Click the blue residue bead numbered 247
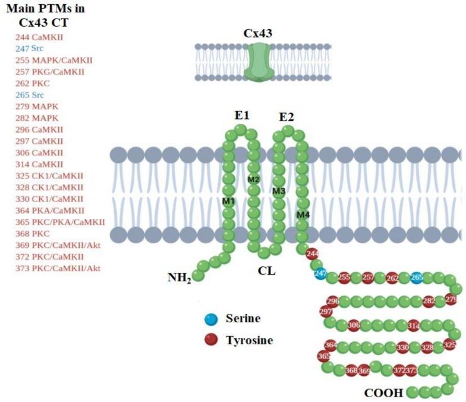[x=322, y=274]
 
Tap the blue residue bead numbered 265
[x=417, y=278]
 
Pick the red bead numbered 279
[x=451, y=300]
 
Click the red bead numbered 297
[x=326, y=312]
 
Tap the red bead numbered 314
[x=414, y=326]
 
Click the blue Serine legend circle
[x=210, y=319]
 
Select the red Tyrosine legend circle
[x=210, y=340]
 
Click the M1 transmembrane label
[x=229, y=202]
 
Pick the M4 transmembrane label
[x=303, y=213]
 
